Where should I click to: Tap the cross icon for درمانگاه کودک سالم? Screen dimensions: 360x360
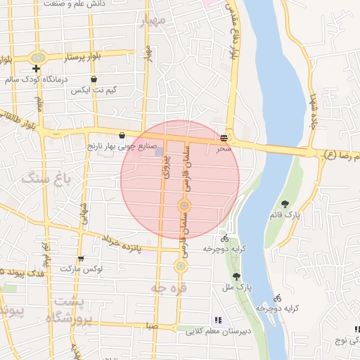click(36, 68)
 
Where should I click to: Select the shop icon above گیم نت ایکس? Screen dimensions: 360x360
click(94, 79)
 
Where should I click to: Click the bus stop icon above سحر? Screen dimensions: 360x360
click(224, 138)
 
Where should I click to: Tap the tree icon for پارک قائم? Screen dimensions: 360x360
click(285, 204)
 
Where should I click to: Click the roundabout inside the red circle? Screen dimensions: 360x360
click(184, 205)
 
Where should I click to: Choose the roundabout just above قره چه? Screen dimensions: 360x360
click(181, 266)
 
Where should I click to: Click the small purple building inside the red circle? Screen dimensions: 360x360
click(159, 152)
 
